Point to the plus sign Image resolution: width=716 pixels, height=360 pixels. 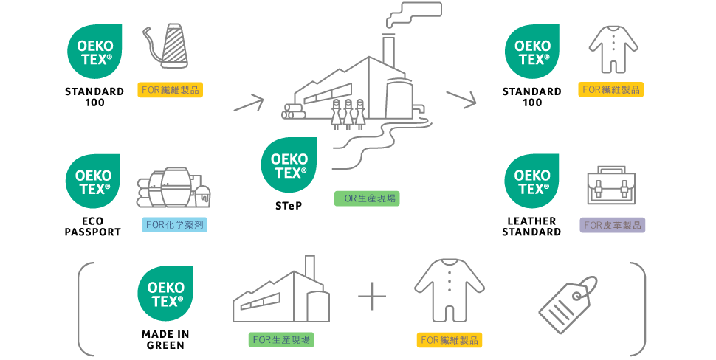[372, 298]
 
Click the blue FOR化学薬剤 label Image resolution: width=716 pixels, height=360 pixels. [174, 225]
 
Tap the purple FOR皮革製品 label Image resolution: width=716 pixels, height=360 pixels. [612, 225]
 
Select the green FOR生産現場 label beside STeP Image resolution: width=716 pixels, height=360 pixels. [367, 198]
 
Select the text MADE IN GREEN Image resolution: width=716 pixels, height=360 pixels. [165, 339]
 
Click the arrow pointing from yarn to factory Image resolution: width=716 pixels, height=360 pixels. [248, 102]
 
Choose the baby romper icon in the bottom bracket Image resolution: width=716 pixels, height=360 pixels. [449, 293]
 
